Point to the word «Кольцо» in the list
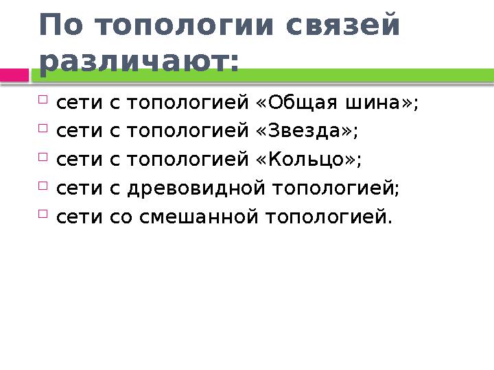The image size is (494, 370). [309, 160]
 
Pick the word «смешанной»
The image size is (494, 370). [199, 217]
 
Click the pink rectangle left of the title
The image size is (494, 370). [14, 74]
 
